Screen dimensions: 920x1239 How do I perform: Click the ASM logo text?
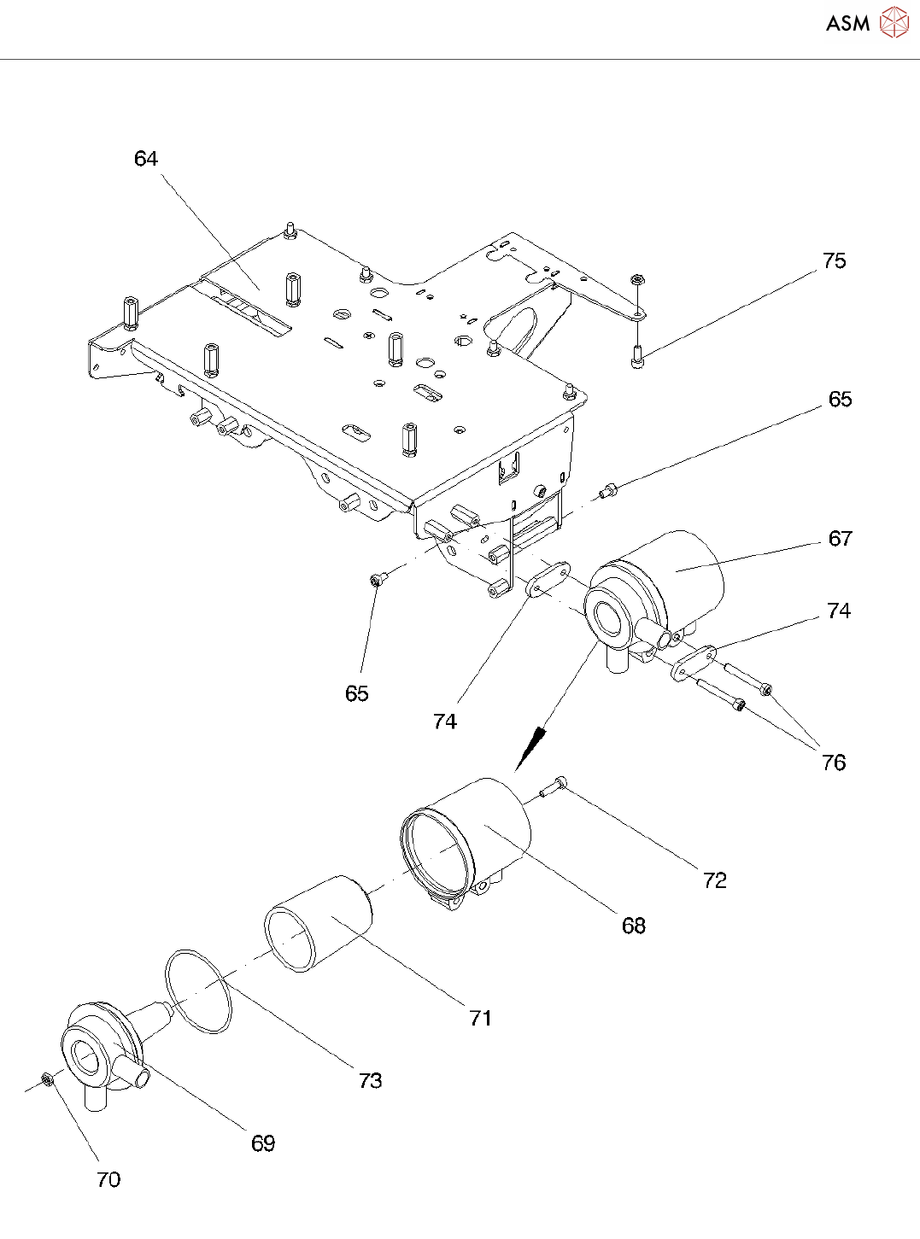click(848, 23)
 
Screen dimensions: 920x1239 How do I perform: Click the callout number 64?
click(146, 159)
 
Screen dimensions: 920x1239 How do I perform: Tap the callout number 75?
click(834, 261)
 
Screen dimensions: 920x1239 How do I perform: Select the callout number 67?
click(840, 539)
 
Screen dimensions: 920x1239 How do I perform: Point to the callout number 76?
click(834, 763)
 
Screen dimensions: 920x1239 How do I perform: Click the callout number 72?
click(715, 880)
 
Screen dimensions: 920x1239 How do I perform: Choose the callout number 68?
click(634, 926)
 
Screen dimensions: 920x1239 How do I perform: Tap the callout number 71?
click(480, 1019)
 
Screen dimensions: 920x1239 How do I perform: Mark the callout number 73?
click(371, 1081)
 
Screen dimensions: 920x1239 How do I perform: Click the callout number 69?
click(263, 1143)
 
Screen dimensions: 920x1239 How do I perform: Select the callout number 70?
click(108, 1180)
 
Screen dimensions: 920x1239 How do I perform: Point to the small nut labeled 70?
click(48, 1080)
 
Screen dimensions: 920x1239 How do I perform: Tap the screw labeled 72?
click(553, 786)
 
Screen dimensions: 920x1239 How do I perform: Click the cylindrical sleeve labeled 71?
click(318, 924)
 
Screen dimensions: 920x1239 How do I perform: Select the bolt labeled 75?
click(638, 356)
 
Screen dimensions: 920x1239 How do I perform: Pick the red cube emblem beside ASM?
click(894, 23)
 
